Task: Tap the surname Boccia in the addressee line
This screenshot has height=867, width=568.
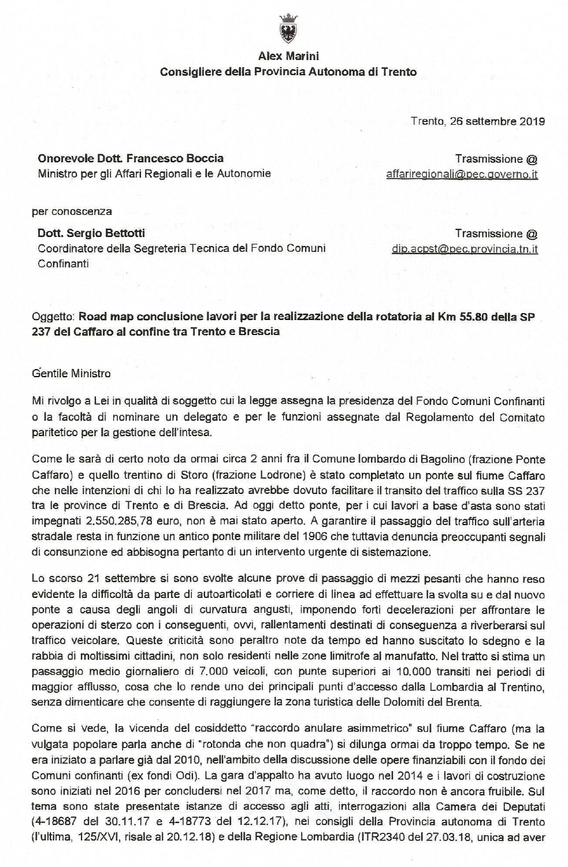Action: (x=206, y=158)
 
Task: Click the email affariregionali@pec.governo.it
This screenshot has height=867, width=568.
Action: (x=462, y=174)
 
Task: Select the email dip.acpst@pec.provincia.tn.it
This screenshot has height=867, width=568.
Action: (x=465, y=249)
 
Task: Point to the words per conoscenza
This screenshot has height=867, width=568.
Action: (x=72, y=211)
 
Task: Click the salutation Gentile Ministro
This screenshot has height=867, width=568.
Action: (x=72, y=373)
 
